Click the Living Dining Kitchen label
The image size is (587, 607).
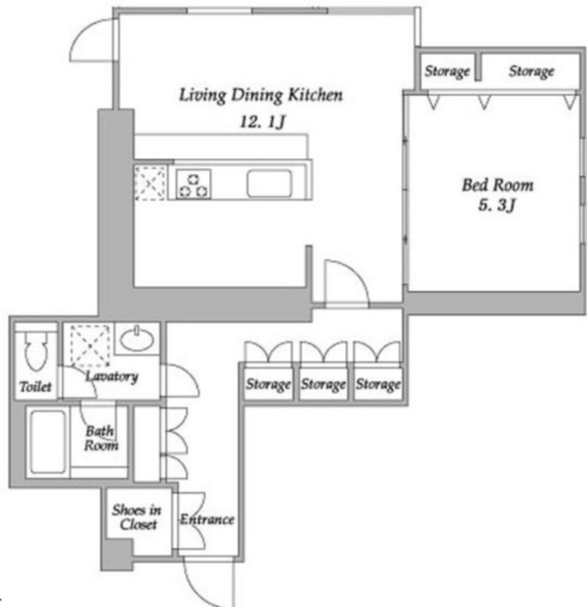tap(260, 95)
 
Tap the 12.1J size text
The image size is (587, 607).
tap(263, 122)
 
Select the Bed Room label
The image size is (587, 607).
tap(497, 185)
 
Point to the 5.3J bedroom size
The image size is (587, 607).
tap(497, 205)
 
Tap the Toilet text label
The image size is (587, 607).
tap(35, 386)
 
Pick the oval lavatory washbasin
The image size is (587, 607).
tap(137, 339)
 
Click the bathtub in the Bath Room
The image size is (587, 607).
tap(48, 442)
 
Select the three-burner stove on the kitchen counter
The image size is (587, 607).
tap(193, 185)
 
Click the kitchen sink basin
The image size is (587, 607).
tap(270, 184)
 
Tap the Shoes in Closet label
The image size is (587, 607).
tap(137, 517)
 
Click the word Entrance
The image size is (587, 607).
tap(207, 519)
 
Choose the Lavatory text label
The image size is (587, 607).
tap(112, 376)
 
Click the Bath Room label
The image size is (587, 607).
tap(101, 438)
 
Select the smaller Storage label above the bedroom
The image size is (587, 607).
tap(447, 71)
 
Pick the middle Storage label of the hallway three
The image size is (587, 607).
tap(323, 384)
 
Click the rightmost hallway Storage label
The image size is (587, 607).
tap(378, 384)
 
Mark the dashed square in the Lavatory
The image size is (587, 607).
tap(90, 346)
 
